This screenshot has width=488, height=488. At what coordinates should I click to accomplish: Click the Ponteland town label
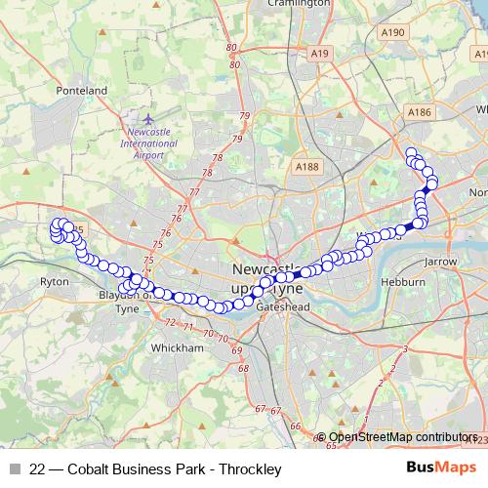click(x=81, y=90)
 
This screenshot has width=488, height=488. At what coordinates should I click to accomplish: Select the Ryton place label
click(x=54, y=281)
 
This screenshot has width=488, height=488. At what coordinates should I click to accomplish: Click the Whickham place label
click(x=178, y=346)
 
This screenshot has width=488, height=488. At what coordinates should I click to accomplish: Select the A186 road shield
click(x=420, y=113)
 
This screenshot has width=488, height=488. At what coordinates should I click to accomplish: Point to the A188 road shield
click(x=306, y=168)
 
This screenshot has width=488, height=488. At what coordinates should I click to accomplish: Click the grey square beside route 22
click(x=16, y=468)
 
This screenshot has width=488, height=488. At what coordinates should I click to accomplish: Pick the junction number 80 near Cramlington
click(x=231, y=48)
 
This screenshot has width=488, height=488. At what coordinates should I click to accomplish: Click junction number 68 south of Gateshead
click(x=242, y=368)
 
